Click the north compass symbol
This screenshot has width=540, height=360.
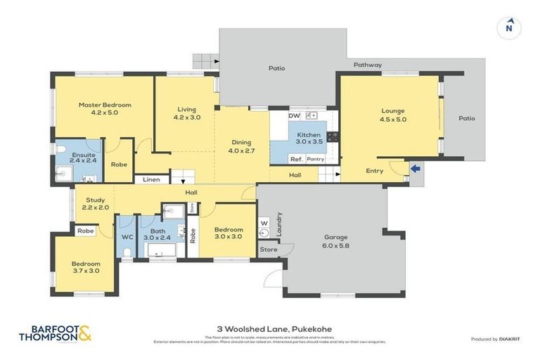pyautogui.click(x=508, y=28)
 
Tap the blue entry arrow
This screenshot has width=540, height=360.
pyautogui.click(x=416, y=168)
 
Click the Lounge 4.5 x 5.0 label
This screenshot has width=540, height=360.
pyautogui.click(x=393, y=115)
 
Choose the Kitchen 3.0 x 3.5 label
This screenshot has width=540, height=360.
pyautogui.click(x=309, y=138)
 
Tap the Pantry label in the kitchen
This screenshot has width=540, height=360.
pyautogui.click(x=315, y=160)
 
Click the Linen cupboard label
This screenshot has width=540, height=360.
pyautogui.click(x=151, y=180)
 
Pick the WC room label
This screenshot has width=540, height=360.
pyautogui.click(x=127, y=237)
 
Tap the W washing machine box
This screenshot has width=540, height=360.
pyautogui.click(x=265, y=224)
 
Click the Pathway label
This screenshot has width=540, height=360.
pyautogui.click(x=367, y=65)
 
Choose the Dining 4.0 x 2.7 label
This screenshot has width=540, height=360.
pyautogui.click(x=242, y=146)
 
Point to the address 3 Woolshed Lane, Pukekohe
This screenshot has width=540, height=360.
pyautogui.click(x=270, y=328)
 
